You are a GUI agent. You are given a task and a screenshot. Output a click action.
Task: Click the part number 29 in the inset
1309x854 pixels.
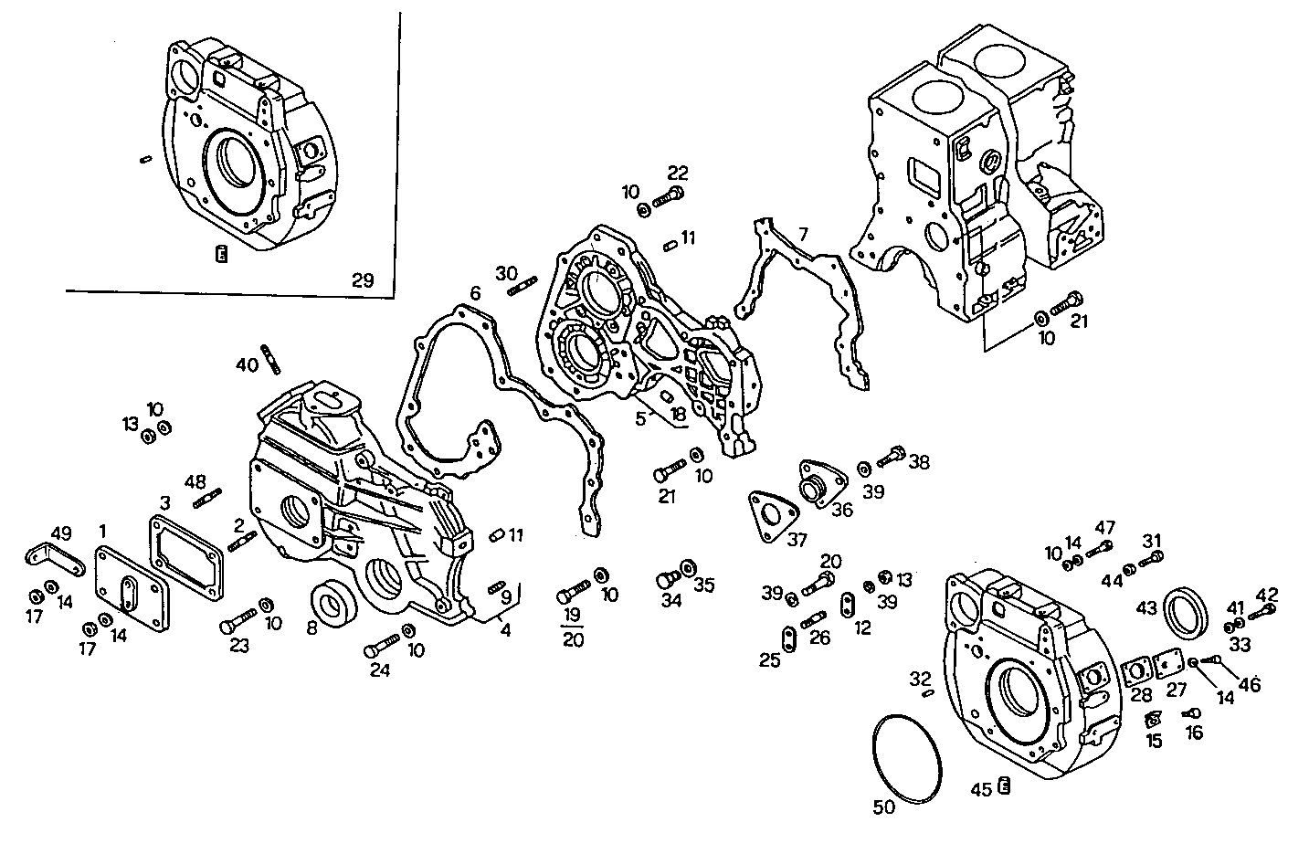pyautogui.click(x=363, y=280)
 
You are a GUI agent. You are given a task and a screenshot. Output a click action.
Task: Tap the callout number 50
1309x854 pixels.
pyautogui.click(x=884, y=807)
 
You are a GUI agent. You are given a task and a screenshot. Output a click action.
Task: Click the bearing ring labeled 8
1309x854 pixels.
pyautogui.click(x=332, y=604)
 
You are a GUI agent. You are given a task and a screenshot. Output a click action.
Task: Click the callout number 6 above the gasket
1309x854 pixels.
pyautogui.click(x=475, y=293)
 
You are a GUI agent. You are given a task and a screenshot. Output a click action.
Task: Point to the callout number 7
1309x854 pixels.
pyautogui.click(x=802, y=235)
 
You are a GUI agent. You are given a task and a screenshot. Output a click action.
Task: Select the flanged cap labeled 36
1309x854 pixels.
pyautogui.click(x=815, y=480)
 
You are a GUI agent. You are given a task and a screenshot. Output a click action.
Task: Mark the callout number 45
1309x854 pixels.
pyautogui.click(x=980, y=789)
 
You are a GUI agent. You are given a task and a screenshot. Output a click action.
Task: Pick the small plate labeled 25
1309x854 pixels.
pyautogui.click(x=786, y=637)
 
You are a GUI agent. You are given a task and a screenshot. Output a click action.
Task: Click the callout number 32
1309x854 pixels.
pyautogui.click(x=919, y=679)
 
